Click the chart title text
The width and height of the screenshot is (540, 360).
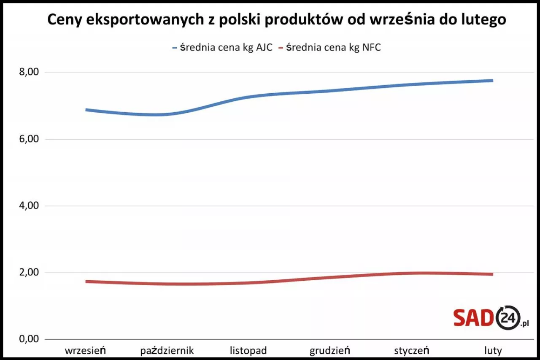tap(276, 20)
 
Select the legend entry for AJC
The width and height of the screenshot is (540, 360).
tap(222, 47)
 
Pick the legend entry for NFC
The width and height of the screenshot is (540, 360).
tap(329, 47)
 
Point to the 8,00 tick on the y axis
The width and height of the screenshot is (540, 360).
tap(30, 72)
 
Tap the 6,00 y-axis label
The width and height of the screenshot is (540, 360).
tap(30, 139)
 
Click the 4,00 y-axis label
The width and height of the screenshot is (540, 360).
tap(30, 206)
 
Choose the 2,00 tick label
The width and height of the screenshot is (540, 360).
tap(30, 273)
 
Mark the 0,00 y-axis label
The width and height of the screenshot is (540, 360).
tap(30, 339)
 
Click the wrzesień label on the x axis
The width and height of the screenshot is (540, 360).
tap(86, 350)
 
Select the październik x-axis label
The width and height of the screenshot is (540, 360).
tap(167, 350)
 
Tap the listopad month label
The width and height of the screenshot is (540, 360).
tap(248, 350)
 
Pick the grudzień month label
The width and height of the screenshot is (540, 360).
tap(330, 350)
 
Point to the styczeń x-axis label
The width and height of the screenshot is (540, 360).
tap(411, 350)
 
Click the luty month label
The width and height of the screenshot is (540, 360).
tap(493, 350)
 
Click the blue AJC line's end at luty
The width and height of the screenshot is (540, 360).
tap(492, 81)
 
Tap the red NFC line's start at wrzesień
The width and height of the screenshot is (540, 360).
tap(86, 282)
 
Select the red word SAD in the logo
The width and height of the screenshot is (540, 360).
tap(473, 318)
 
